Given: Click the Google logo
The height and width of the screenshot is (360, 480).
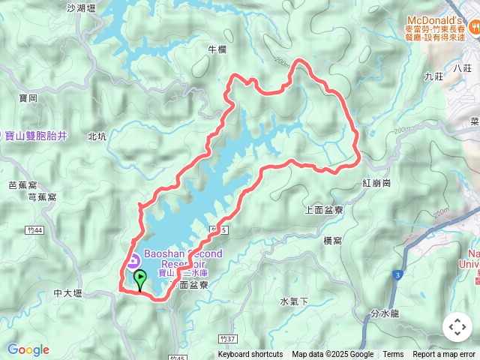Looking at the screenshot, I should click(x=28, y=349).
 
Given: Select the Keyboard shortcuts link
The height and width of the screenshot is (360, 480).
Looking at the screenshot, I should click(x=250, y=355).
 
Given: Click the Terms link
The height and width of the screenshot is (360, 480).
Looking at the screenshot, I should click(x=393, y=355).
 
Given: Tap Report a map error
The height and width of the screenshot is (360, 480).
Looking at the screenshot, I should click(x=444, y=355).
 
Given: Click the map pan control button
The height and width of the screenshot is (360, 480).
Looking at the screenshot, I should click(x=457, y=327).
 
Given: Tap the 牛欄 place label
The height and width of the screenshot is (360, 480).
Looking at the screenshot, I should click(x=216, y=49).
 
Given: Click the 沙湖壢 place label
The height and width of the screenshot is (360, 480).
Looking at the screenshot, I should click(x=81, y=8).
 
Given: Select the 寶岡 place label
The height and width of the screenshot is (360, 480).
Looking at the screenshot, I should click(x=28, y=98).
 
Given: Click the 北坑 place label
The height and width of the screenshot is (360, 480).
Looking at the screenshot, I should click(x=97, y=136).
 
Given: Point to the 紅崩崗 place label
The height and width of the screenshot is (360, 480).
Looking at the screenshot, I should click(x=376, y=183).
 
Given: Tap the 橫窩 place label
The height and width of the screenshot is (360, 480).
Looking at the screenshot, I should click(x=333, y=240).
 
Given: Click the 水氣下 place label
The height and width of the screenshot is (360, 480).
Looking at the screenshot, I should click(x=294, y=301).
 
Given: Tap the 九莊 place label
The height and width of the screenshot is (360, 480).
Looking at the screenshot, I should click(x=433, y=76).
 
